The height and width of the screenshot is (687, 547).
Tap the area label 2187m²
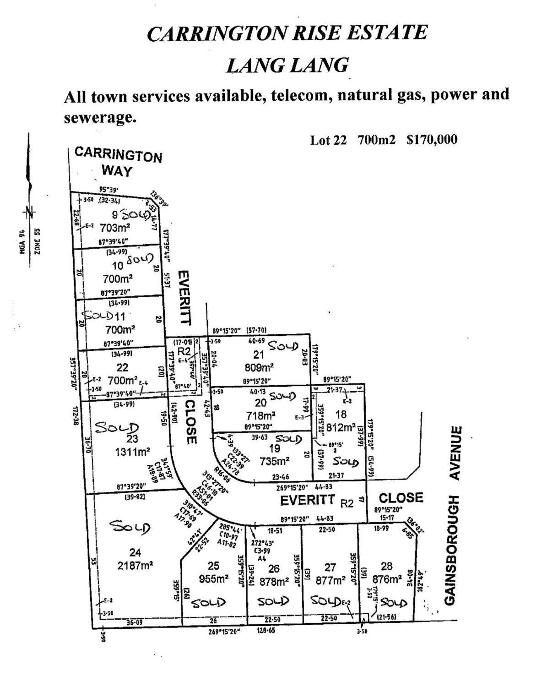(135, 565)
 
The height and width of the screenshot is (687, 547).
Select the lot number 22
(122, 367)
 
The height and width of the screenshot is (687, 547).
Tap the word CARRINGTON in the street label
(119, 155)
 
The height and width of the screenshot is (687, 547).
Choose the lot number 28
(387, 567)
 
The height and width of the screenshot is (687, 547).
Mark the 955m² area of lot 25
(213, 579)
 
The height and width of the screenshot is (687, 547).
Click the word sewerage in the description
(100, 118)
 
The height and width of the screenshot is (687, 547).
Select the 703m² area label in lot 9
(113, 227)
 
